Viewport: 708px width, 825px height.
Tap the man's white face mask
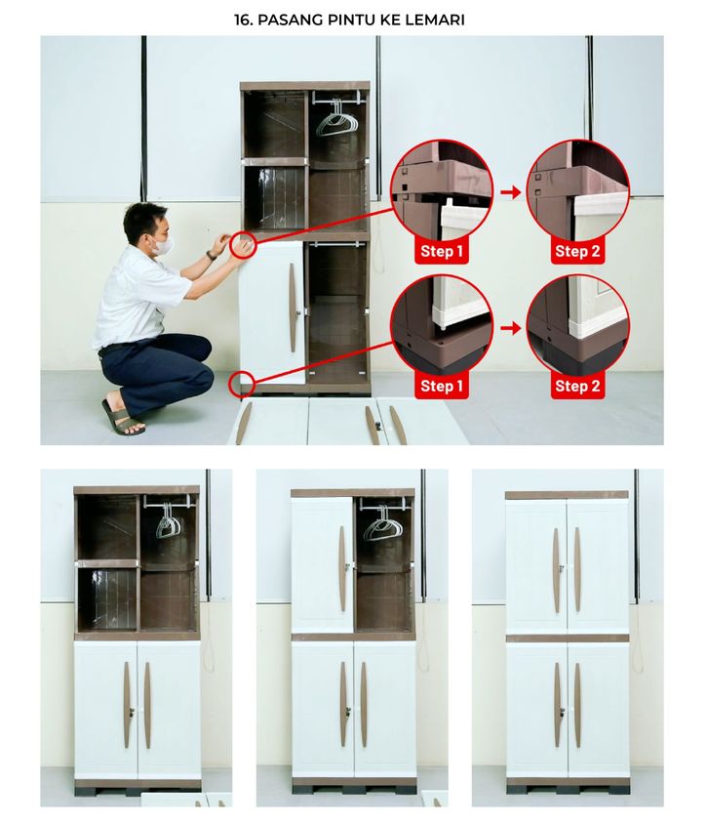click(164, 245)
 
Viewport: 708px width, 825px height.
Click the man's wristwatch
click(212, 256)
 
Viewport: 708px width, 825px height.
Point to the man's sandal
click(123, 418)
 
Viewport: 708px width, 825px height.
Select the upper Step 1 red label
click(442, 252)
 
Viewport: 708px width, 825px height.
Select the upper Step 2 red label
click(577, 252)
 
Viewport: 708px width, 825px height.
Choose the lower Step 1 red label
click(442, 387)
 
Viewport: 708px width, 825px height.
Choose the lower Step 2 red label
click(577, 387)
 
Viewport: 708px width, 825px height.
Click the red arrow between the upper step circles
click(510, 192)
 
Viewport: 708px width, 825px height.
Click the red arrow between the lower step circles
click(510, 329)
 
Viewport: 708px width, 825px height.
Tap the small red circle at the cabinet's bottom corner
click(242, 384)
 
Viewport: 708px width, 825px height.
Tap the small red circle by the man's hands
click(243, 245)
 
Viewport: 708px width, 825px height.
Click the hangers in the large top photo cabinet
click(336, 121)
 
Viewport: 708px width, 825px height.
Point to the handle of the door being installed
click(293, 308)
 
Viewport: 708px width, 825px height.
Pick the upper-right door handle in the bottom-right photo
click(577, 570)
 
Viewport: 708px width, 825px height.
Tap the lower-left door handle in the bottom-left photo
click(127, 705)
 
